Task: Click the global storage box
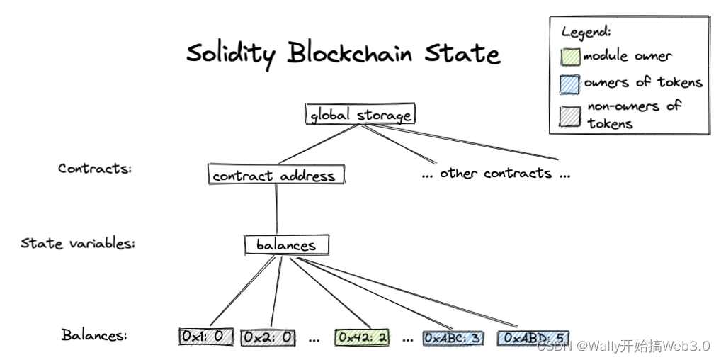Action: [360, 113]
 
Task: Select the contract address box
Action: [276, 174]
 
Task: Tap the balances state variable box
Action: [286, 244]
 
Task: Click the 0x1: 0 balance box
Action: [206, 337]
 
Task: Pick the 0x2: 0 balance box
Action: [268, 338]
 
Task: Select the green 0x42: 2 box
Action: [362, 337]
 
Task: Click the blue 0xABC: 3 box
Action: [453, 338]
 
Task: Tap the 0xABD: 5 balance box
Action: [533, 338]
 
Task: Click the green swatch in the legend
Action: [570, 57]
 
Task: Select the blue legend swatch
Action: [569, 84]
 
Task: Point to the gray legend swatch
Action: [569, 116]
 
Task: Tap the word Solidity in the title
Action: [231, 54]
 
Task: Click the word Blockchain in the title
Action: [349, 52]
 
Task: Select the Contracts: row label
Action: [95, 169]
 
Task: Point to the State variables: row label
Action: [78, 242]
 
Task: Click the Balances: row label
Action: [94, 334]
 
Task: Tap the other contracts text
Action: [496, 174]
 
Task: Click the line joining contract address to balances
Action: [276, 209]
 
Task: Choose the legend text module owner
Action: [628, 56]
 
